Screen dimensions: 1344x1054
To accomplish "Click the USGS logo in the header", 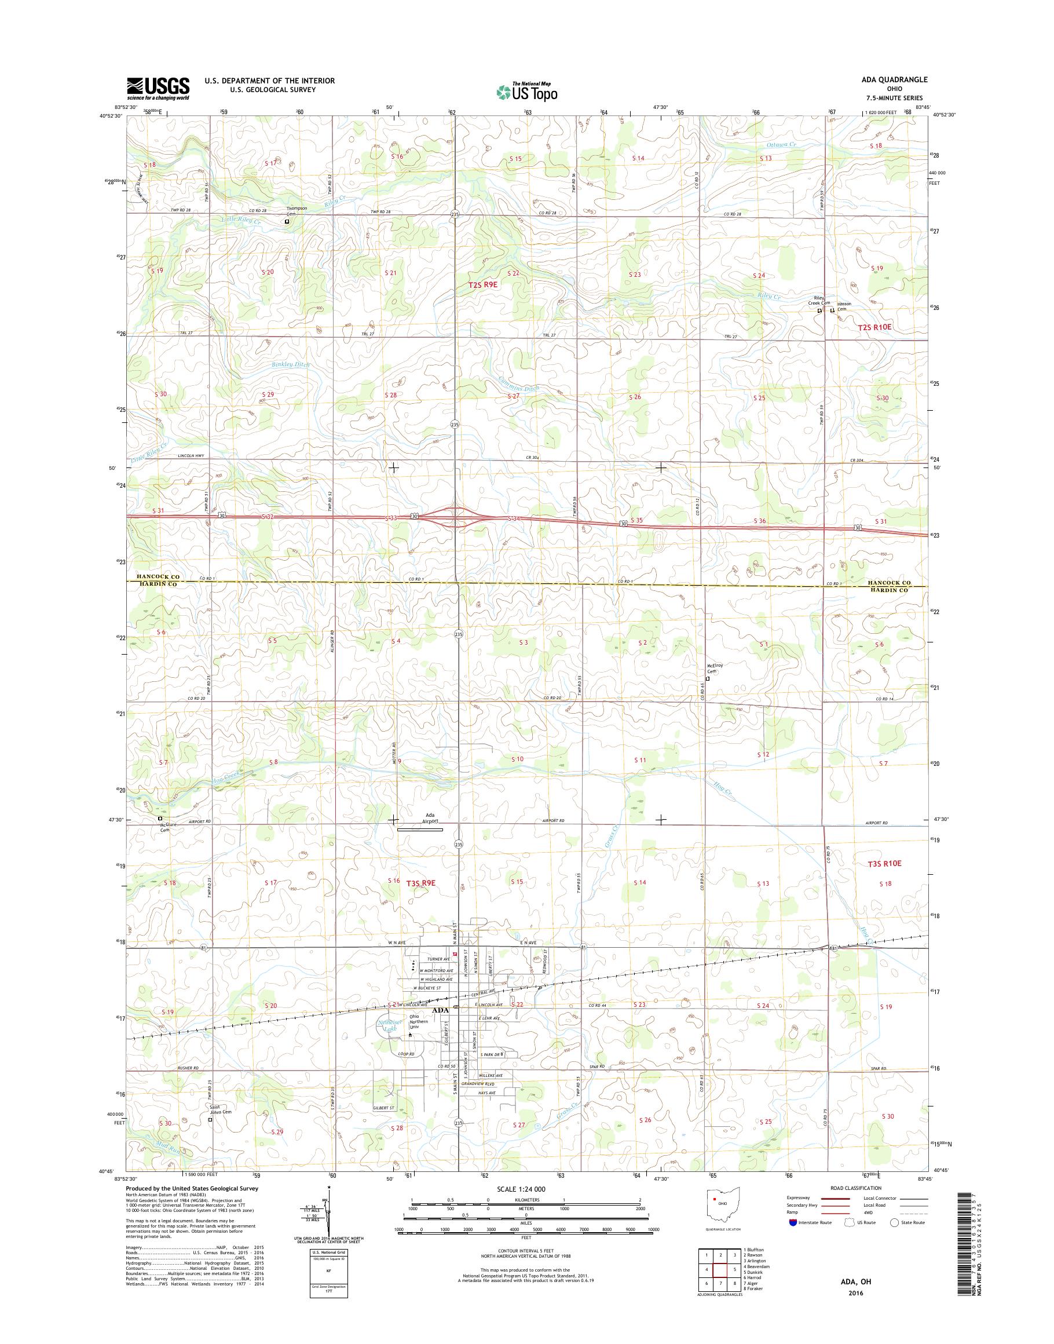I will pyautogui.click(x=158, y=88).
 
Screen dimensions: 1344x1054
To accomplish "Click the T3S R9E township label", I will pyautogui.click(x=421, y=883).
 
